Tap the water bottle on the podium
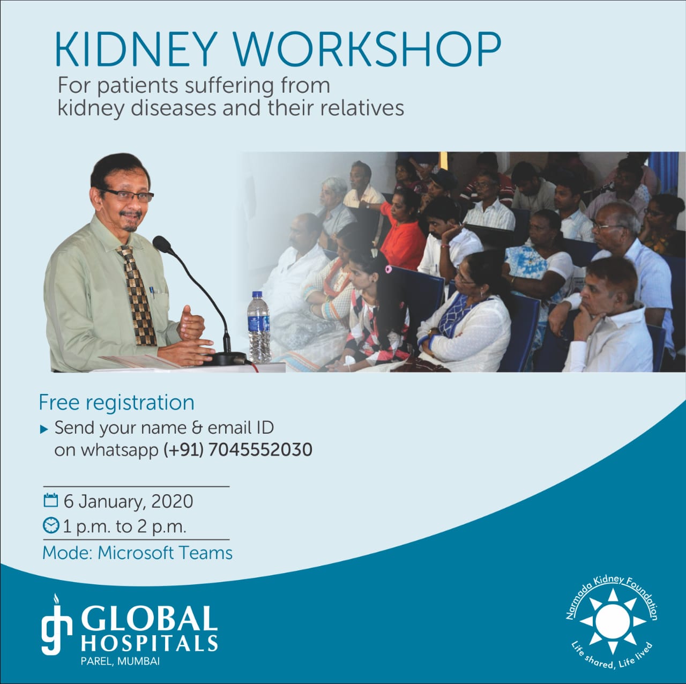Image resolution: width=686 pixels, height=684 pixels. [x=259, y=327]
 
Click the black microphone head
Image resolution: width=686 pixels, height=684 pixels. [x=162, y=244]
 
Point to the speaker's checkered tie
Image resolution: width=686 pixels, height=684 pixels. [x=138, y=295]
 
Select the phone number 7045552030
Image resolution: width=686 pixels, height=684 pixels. [x=260, y=450]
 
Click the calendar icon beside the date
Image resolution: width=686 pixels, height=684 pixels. [x=50, y=500]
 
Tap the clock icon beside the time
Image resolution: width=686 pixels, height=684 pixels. [x=51, y=525]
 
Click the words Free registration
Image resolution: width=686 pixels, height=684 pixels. [x=116, y=403]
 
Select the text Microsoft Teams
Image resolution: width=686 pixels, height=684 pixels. [x=165, y=553]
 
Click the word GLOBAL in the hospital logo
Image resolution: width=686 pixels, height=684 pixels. [x=149, y=619]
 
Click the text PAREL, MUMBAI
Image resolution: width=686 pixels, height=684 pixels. [x=121, y=661]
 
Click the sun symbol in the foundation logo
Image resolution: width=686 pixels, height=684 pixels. [x=613, y=621]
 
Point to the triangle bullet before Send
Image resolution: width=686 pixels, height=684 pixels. [x=44, y=429]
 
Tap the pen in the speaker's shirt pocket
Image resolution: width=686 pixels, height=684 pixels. [x=152, y=292]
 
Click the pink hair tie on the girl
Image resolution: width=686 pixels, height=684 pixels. [x=389, y=269]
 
